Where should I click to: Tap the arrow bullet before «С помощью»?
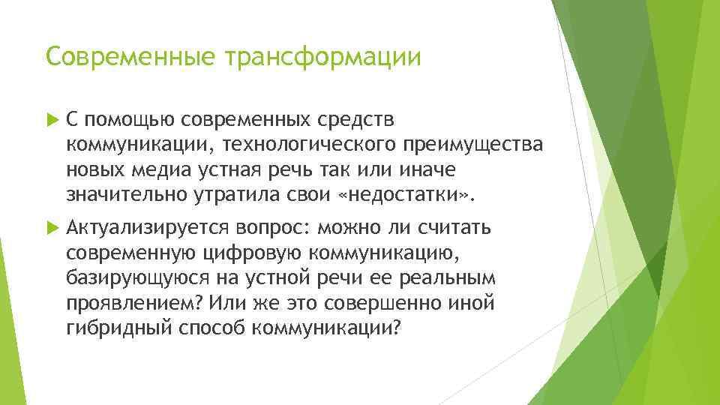pos(50,118)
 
